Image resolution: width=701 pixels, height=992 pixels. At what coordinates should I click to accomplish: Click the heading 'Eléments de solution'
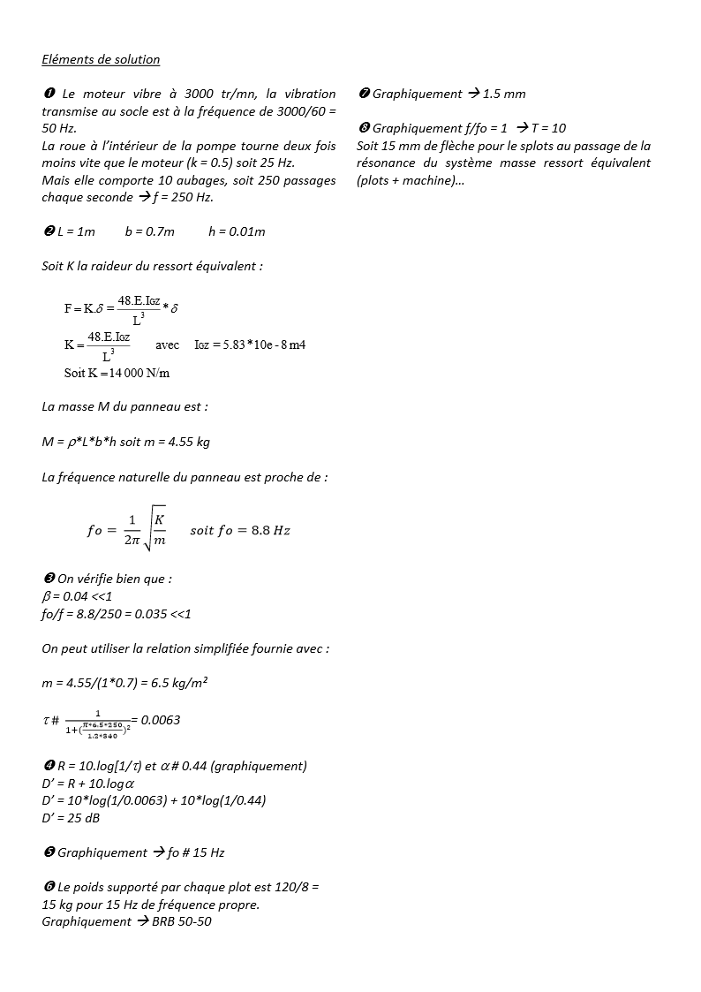[x=101, y=60]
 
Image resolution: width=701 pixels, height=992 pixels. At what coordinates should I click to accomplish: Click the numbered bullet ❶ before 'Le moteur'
[x=49, y=94]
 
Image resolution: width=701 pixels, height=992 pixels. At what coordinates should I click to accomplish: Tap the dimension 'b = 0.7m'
[x=149, y=231]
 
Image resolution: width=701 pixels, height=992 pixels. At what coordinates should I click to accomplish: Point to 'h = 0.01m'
[x=237, y=231]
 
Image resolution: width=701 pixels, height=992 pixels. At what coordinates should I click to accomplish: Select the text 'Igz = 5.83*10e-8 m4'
[x=250, y=345]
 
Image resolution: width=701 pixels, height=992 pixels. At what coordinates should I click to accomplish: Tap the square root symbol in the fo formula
[x=149, y=530]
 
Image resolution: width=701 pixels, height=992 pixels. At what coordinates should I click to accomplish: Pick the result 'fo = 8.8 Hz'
[x=240, y=530]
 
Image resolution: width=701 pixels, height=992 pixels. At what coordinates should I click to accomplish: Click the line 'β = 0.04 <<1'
[x=77, y=596]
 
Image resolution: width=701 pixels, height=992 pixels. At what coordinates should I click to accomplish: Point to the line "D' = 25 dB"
[x=71, y=818]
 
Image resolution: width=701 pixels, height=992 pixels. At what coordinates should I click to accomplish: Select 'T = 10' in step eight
[x=548, y=128]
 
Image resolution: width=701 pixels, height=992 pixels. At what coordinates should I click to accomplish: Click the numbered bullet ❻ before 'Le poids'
[x=49, y=887]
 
